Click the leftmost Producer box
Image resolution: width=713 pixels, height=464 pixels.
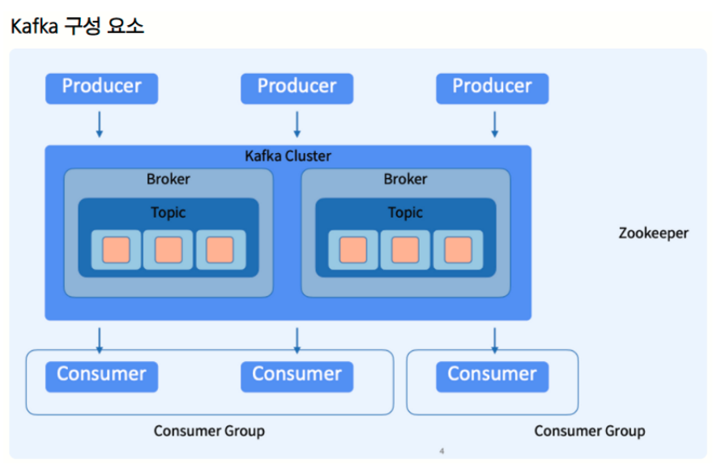pos(101,88)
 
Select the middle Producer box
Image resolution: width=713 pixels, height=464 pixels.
pos(297,88)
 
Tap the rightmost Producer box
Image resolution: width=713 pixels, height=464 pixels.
pos(493,88)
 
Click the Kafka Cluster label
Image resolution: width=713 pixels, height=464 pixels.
pos(288,155)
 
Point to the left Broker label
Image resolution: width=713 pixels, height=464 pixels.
pos(169,179)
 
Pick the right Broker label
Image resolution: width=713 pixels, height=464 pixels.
pos(406,179)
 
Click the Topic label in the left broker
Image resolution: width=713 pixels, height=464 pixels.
pos(169,213)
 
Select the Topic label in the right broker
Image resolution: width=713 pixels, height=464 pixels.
pos(406,213)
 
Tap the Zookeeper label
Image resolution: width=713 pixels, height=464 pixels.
pos(653,233)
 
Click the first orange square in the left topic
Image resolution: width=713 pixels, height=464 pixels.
pos(116,249)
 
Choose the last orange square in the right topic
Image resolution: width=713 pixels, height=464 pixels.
pos(458,249)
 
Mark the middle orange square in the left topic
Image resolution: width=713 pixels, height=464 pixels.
pos(169,249)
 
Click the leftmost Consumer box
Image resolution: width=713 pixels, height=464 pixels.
pos(101,377)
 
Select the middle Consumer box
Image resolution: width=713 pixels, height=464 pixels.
pos(297,377)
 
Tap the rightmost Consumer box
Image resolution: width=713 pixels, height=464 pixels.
pos(493,377)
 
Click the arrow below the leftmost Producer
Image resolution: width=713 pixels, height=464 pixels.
pos(99,125)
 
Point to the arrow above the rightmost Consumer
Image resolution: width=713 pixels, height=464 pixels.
pos(495,341)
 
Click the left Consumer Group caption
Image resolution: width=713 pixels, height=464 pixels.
pos(209,431)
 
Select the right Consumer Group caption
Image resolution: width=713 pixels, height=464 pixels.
pos(589,431)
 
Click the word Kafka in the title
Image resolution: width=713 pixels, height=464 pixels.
pos(35,27)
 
